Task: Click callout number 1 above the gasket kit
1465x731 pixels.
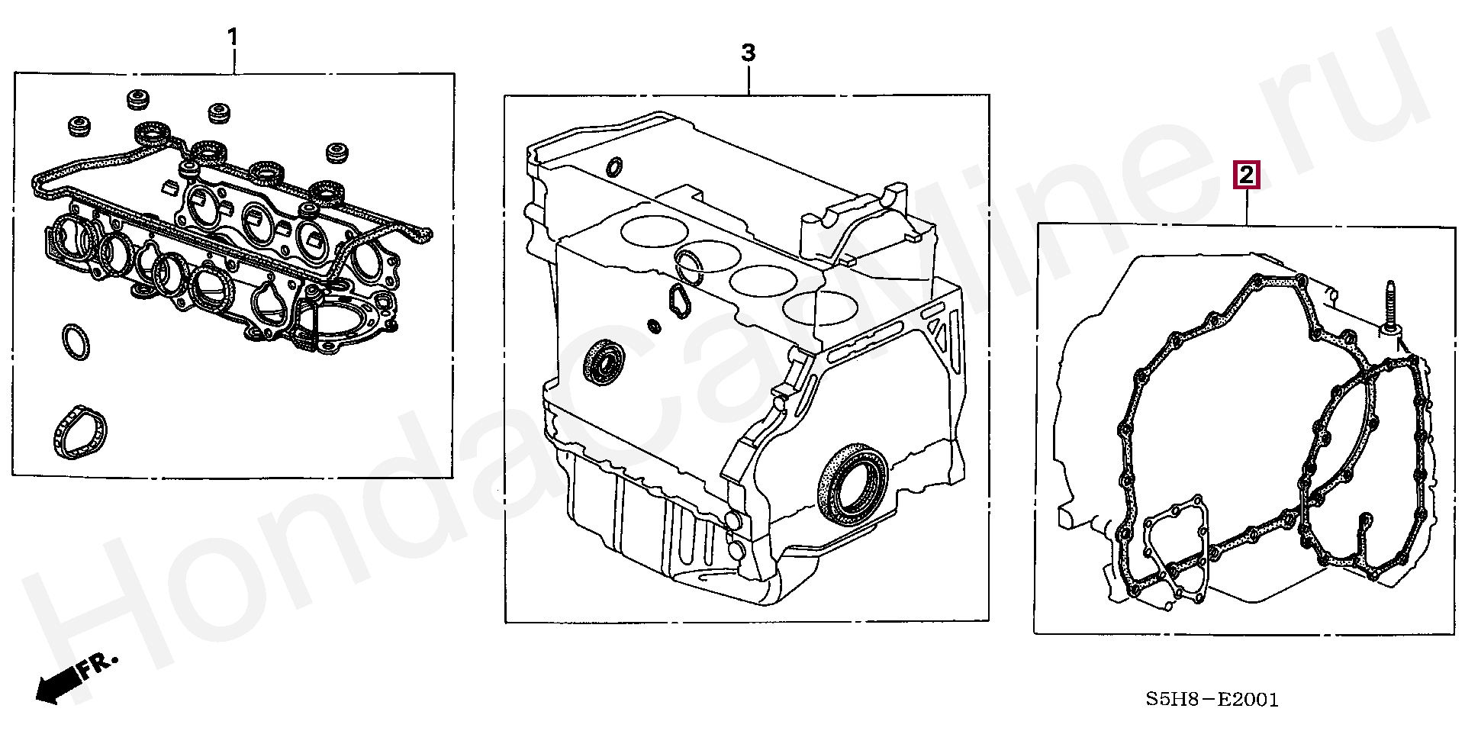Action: coord(233,36)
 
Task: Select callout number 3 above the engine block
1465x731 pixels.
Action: coord(749,53)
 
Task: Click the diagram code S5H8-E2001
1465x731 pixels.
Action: coord(1212,699)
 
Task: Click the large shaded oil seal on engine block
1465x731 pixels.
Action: coord(853,486)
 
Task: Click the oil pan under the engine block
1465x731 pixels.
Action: coord(656,519)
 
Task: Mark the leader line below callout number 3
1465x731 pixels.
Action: coord(749,79)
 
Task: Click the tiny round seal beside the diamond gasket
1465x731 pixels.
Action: coord(654,326)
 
